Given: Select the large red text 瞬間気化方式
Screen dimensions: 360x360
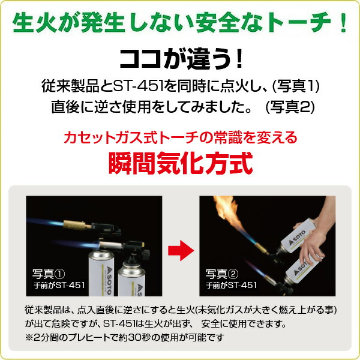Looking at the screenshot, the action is (x=181, y=163).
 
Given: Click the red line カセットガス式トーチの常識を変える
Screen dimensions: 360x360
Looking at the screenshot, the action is (x=181, y=137).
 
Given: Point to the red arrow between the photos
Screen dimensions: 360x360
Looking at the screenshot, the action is (x=181, y=250).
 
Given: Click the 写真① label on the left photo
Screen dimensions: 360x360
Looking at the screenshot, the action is (x=49, y=274).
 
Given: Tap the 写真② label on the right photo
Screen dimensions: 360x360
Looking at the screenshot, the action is (x=222, y=274).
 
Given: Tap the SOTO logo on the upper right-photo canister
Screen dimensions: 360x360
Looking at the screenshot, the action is (x=297, y=238).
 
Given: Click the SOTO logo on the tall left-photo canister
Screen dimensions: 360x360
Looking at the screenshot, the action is (x=109, y=281).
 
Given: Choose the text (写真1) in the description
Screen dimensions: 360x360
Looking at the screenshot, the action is (x=295, y=86).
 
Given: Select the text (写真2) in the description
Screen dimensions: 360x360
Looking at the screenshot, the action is (x=290, y=107).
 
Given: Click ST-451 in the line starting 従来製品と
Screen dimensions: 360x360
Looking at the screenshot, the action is (x=137, y=86).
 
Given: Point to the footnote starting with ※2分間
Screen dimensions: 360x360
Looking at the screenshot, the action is (x=124, y=337).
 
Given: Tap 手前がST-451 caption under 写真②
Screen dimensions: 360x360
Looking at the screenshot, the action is (x=231, y=286).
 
